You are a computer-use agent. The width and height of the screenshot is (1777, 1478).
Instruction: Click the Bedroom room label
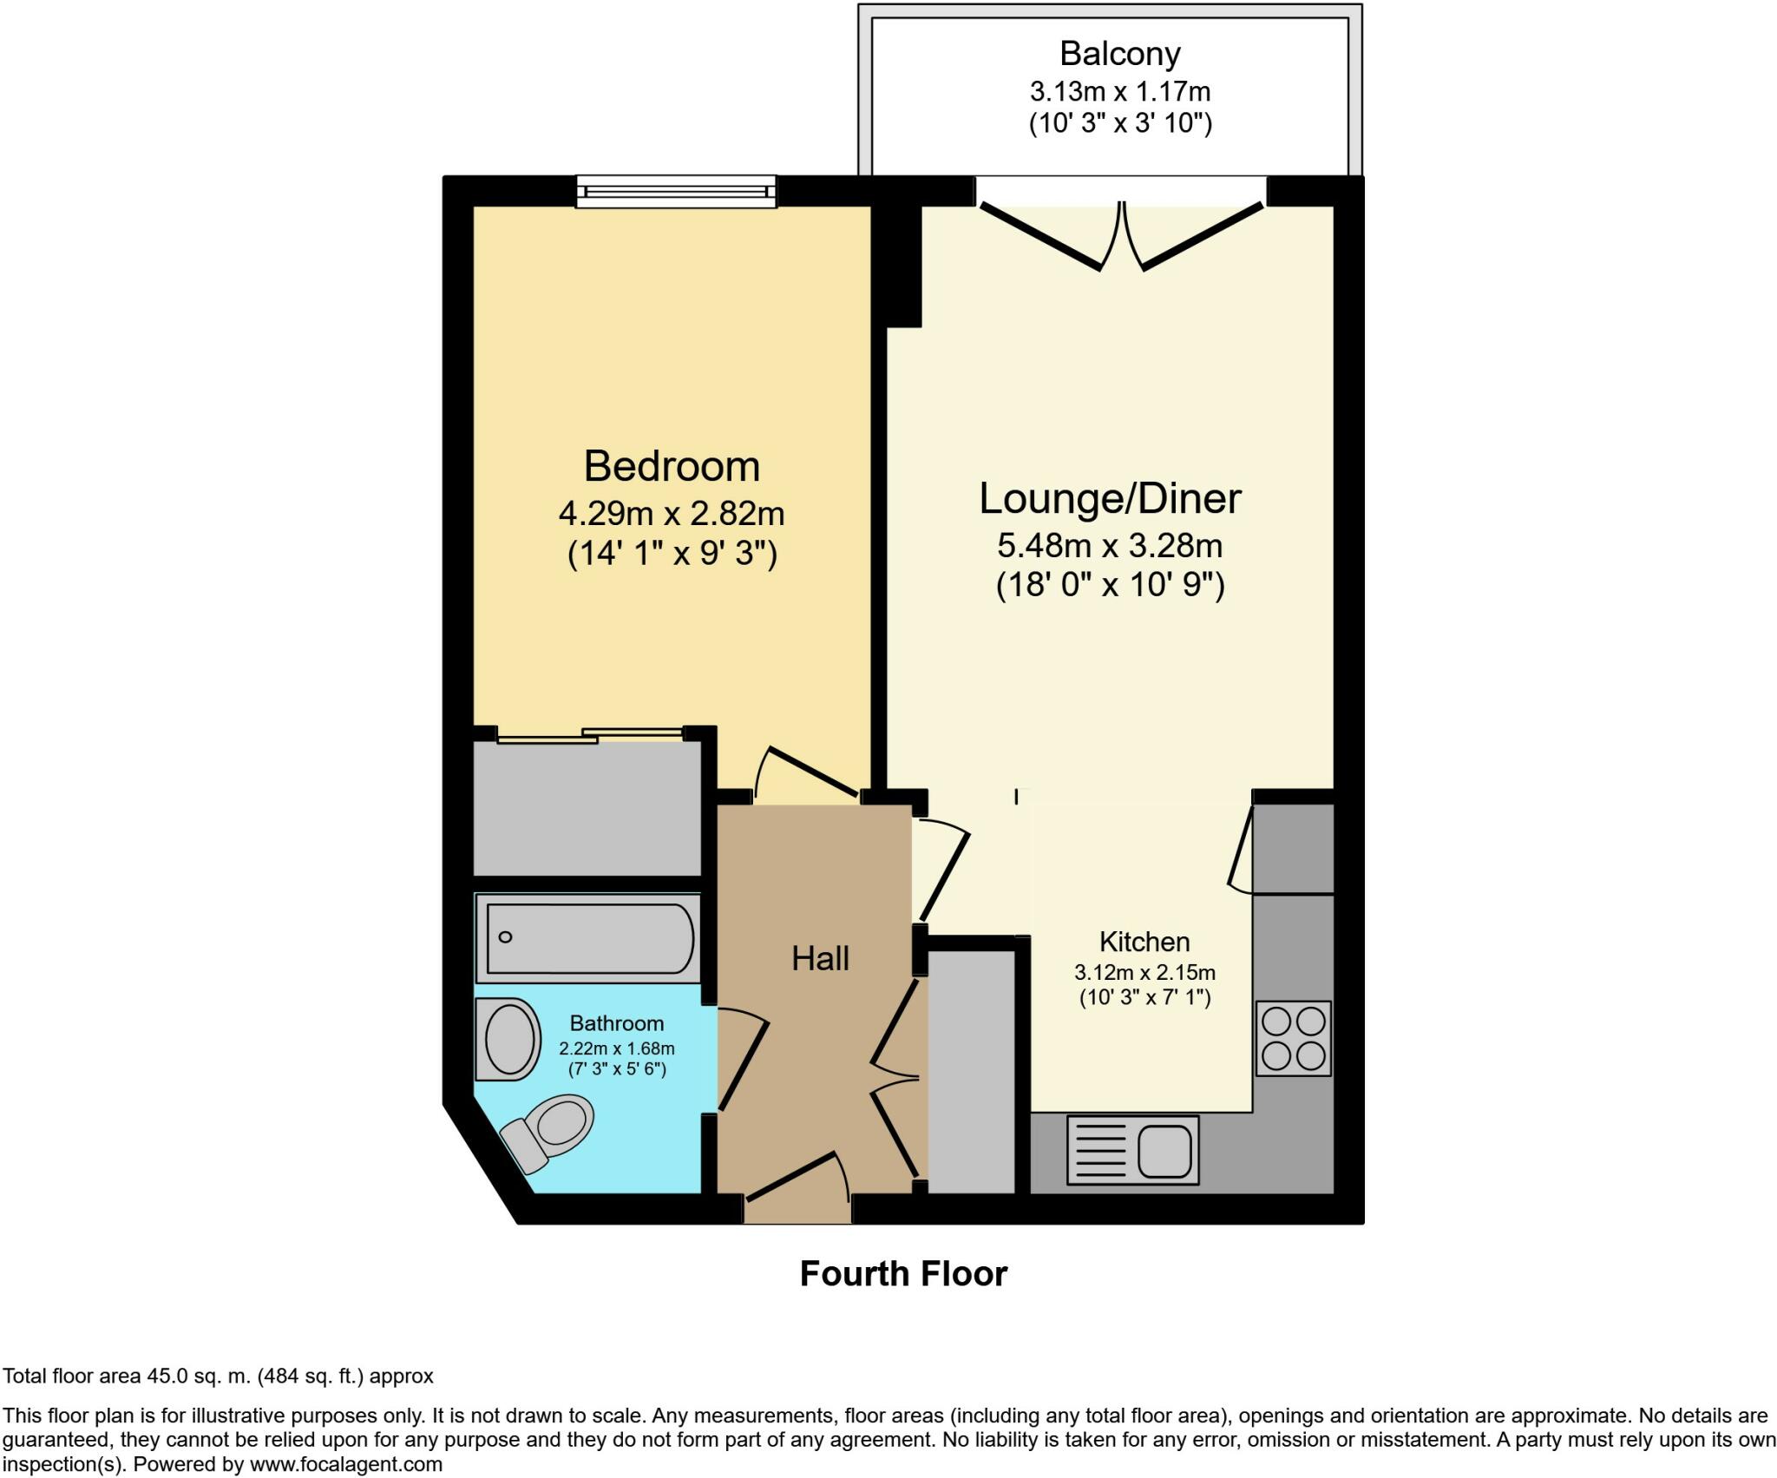[672, 466]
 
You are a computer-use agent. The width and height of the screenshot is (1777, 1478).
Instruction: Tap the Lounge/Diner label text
[1110, 499]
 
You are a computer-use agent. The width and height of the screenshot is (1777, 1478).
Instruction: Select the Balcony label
[1120, 54]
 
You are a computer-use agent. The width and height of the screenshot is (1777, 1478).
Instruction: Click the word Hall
[820, 958]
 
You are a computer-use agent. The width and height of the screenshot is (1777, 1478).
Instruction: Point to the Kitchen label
[1144, 942]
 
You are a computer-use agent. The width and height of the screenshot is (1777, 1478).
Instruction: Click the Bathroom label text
[617, 1023]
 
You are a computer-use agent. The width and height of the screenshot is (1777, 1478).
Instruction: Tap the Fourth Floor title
[903, 1274]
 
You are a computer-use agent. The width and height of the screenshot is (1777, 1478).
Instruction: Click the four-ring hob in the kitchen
[1294, 1039]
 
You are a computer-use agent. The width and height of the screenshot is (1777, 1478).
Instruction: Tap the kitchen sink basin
[1164, 1150]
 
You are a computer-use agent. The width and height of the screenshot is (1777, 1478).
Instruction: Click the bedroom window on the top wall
[677, 191]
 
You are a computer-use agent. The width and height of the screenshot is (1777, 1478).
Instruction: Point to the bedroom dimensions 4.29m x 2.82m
[672, 514]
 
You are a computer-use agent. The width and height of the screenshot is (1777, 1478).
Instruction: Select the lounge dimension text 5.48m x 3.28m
[1110, 546]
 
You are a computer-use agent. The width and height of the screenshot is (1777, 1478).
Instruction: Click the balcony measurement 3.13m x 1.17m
[1120, 91]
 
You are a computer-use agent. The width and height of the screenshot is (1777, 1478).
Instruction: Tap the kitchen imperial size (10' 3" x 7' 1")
[1144, 997]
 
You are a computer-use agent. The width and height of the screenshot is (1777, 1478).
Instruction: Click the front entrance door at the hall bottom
[797, 1180]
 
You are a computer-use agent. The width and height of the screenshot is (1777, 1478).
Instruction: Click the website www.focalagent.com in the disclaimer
[346, 1464]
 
